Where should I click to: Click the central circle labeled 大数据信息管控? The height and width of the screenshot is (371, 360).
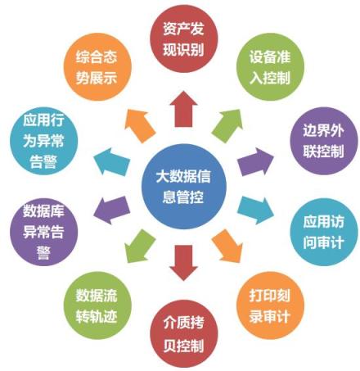184,187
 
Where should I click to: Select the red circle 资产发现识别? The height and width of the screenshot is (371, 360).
184,39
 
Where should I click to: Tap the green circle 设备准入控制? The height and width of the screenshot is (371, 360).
270,67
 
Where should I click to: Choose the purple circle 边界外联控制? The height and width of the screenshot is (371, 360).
323,141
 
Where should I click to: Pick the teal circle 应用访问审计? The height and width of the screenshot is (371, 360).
323,232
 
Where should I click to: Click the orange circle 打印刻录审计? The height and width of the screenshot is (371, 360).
270,305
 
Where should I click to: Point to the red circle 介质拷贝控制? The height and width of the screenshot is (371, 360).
184,333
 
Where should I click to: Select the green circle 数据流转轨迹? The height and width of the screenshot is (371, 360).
97,305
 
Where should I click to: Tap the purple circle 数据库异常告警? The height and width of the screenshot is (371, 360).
43,232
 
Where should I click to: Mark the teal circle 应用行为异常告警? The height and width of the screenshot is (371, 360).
43,141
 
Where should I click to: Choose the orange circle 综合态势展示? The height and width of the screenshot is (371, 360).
97,67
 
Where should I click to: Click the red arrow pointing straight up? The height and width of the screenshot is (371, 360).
183,109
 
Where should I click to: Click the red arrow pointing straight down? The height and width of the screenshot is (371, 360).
183,263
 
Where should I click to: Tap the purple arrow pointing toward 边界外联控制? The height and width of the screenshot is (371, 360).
255,162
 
